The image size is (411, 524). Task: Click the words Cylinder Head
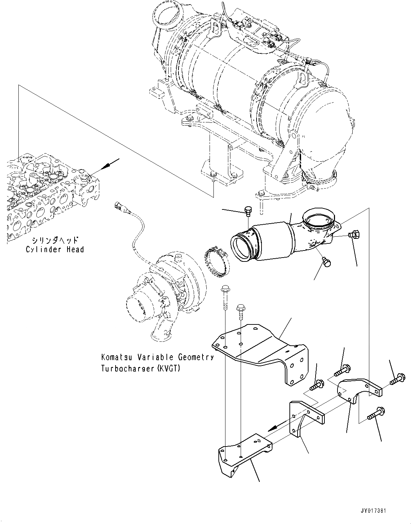pyautogui.click(x=55, y=249)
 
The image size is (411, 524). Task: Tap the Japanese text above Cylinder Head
pyautogui.click(x=54, y=241)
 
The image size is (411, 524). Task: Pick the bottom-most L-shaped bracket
pyautogui.click(x=244, y=453)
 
